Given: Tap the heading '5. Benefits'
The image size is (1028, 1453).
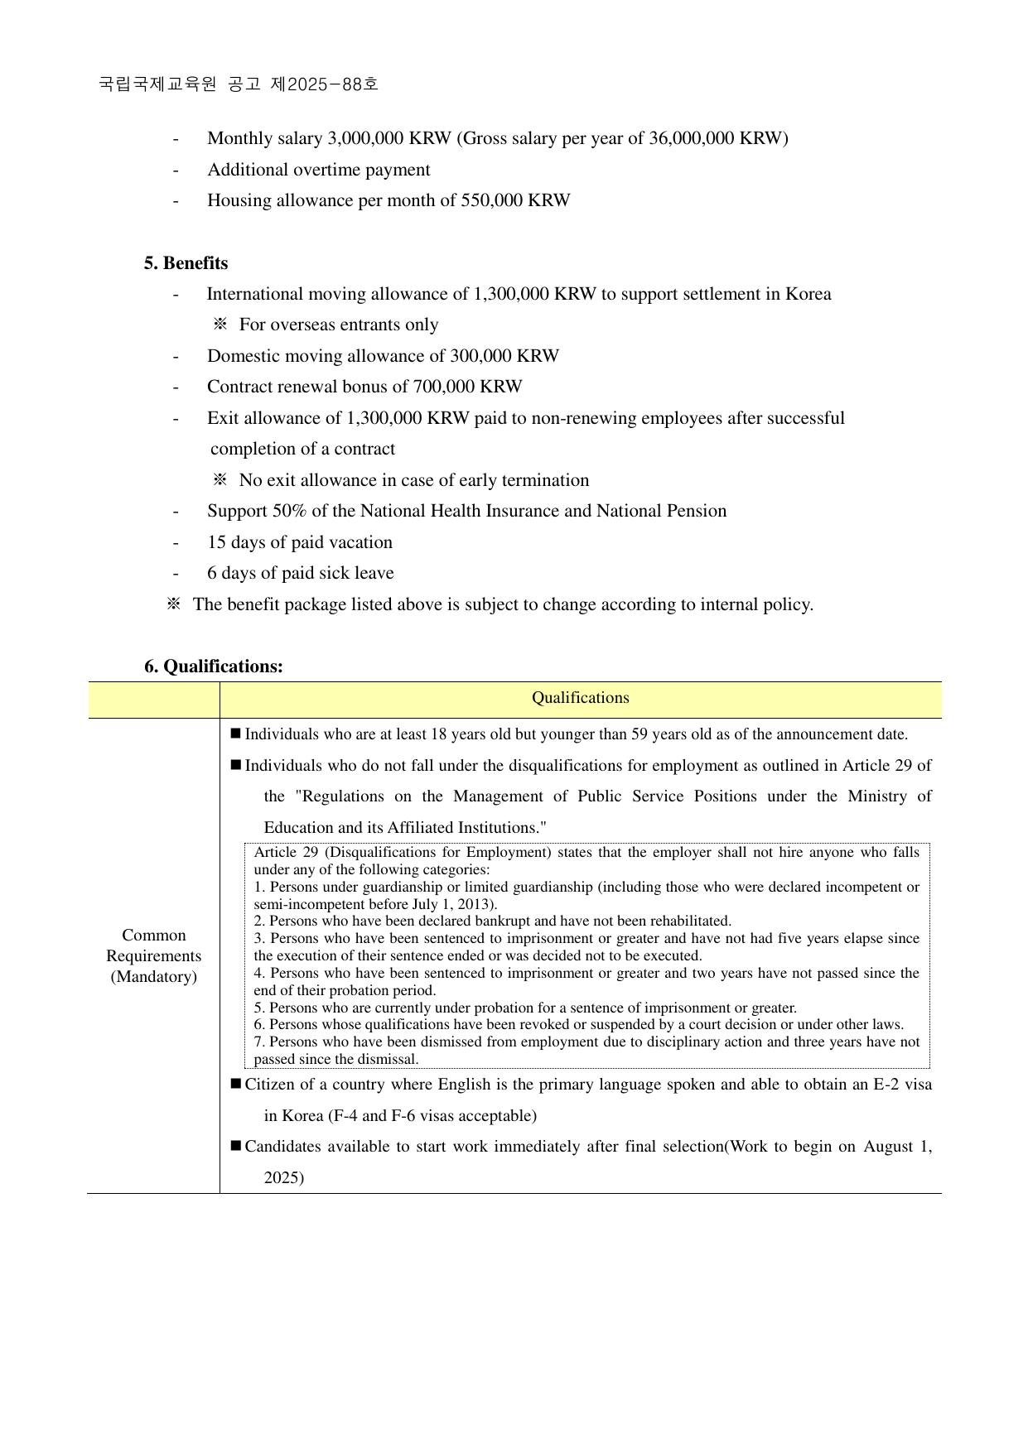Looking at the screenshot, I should point(186,263).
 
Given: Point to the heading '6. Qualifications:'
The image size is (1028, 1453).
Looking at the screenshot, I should point(214,666).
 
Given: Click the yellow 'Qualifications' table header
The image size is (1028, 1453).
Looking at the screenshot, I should point(580,699).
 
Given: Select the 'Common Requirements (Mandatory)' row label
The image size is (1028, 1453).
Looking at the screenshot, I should point(154,955).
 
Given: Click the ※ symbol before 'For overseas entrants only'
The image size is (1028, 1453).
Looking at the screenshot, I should point(220,325).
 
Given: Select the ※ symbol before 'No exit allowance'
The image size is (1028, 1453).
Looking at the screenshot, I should point(220,480).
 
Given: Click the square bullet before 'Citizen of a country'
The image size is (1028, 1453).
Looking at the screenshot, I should point(236,1084).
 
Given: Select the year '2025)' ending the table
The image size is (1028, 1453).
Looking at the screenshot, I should point(284,1177).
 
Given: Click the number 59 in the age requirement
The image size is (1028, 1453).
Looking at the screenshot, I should point(639,734).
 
